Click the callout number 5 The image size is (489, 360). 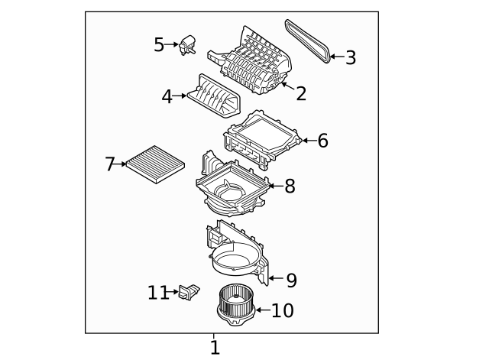(x=159, y=44)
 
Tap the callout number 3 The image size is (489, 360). (x=351, y=58)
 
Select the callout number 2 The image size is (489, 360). (x=301, y=93)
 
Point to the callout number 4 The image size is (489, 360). (x=167, y=97)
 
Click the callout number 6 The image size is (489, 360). (x=322, y=141)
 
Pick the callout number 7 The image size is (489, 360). (x=110, y=164)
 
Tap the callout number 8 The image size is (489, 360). (x=290, y=186)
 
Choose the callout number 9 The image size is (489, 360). (x=292, y=281)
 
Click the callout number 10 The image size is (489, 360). (x=283, y=310)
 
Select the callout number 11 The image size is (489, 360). (x=158, y=293)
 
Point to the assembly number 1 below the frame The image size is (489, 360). (x=215, y=348)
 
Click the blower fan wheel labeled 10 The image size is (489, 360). (x=236, y=305)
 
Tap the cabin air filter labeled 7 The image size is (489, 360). (x=155, y=164)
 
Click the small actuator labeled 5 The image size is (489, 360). (x=187, y=45)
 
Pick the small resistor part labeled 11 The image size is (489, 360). (x=189, y=292)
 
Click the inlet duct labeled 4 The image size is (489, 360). (x=214, y=96)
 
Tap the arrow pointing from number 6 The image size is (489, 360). (x=309, y=141)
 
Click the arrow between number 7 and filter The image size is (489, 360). (x=121, y=164)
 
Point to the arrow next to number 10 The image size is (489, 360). (x=263, y=310)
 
